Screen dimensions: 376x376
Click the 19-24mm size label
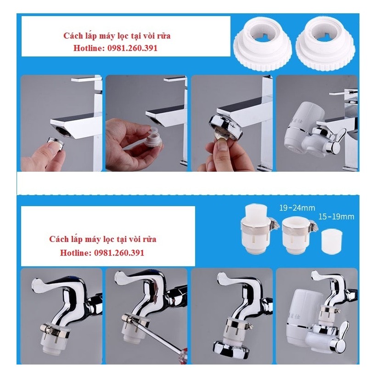pos(296,208)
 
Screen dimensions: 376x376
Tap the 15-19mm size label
pos(337,216)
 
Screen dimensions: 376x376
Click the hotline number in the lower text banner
pos(119,253)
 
